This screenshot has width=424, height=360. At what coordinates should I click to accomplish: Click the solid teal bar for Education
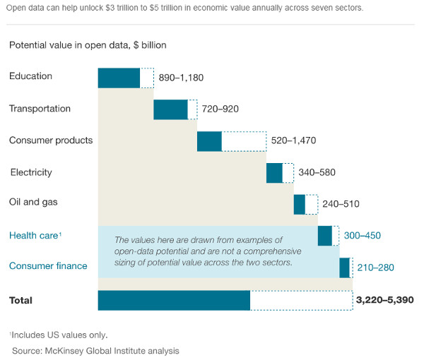(119, 78)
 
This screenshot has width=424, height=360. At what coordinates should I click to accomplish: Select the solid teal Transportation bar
(170, 109)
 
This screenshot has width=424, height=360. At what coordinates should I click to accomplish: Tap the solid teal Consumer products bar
(209, 141)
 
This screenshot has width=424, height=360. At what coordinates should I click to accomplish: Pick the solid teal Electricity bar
(274, 173)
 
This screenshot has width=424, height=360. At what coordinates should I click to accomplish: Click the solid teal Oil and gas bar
(300, 204)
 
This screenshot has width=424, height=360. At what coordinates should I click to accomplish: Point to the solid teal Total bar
(174, 300)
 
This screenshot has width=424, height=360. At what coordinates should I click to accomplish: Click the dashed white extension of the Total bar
(301, 300)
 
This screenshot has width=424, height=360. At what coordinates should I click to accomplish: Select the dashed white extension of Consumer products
(244, 141)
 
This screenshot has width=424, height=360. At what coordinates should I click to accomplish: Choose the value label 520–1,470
(293, 140)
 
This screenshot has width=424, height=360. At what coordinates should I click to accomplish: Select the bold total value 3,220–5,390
(386, 300)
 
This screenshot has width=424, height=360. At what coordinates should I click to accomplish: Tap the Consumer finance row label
(48, 266)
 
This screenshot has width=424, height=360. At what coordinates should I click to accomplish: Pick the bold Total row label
(20, 300)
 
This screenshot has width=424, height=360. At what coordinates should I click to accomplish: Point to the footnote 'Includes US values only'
(59, 335)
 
